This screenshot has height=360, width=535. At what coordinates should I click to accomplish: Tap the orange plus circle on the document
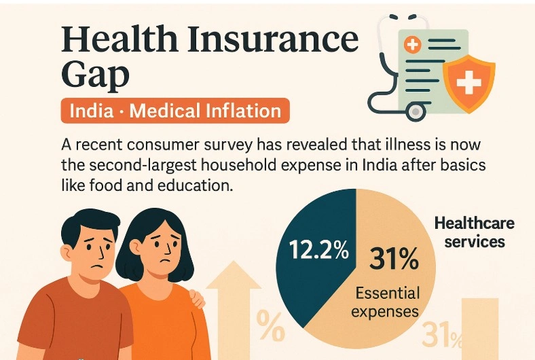[x=412, y=46]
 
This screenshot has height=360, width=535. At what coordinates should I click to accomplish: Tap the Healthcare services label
[x=474, y=232]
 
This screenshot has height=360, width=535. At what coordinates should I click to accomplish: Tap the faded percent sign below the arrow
[x=270, y=328]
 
